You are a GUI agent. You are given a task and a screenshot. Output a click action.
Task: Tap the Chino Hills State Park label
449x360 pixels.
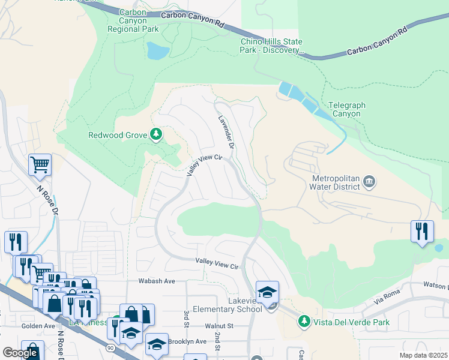tap(271, 46)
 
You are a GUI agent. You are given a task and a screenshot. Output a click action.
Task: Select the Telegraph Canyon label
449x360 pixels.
tap(347, 109)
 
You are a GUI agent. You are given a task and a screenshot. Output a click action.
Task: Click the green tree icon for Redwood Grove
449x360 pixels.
tap(156, 134)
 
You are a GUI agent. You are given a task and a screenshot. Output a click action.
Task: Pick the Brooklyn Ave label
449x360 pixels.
tap(187, 341)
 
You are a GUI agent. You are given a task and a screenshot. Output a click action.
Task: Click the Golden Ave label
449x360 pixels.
tap(21, 326)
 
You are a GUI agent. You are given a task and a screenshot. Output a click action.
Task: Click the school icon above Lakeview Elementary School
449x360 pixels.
tap(267, 292)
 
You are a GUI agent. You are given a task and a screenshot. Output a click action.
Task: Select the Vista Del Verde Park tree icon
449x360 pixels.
tap(304, 322)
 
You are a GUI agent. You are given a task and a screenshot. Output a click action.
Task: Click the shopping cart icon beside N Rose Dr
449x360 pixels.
tap(40, 164)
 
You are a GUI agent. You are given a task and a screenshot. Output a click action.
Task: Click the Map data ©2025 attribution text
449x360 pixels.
tap(423, 355)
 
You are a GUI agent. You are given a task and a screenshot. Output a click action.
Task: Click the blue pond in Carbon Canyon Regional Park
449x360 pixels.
tap(157, 51)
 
